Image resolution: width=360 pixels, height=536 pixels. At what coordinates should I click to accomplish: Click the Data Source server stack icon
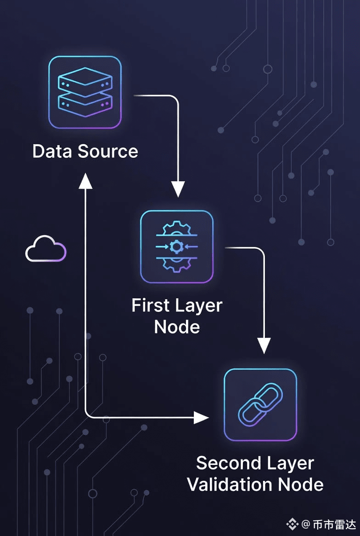click(x=85, y=92)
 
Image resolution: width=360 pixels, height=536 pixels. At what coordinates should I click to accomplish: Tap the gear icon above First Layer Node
click(x=177, y=247)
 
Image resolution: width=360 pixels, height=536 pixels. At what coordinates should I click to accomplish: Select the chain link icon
click(x=260, y=404)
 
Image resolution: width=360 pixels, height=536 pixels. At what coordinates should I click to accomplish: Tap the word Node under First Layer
click(x=177, y=327)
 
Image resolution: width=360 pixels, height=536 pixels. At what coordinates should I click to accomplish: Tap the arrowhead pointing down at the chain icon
click(x=264, y=346)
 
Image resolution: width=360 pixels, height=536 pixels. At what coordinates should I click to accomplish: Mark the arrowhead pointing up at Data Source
click(x=85, y=181)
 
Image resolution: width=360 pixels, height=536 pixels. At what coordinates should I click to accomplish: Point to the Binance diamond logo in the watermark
click(x=292, y=524)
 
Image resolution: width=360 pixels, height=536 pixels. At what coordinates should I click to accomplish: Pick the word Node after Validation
click(x=301, y=485)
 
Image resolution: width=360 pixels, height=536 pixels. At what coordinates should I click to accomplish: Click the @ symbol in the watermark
click(x=306, y=524)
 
